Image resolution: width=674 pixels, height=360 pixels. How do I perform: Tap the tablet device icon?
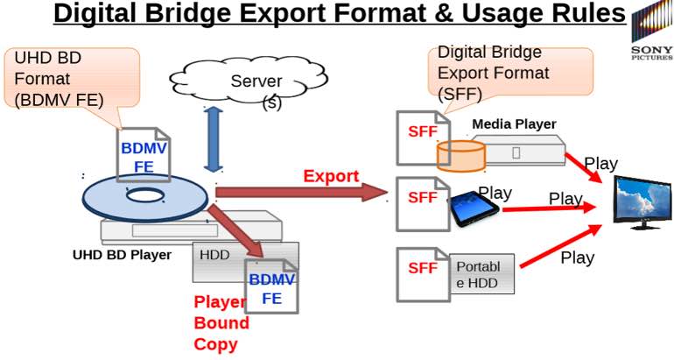click(x=474, y=208)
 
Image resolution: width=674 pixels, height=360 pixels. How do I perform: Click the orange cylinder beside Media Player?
click(x=460, y=155)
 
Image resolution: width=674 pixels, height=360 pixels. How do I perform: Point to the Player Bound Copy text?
click(x=221, y=323)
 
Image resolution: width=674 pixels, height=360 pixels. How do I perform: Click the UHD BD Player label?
click(x=122, y=256)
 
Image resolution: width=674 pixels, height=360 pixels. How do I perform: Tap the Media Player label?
click(x=514, y=124)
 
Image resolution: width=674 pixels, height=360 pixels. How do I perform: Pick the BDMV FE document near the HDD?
click(x=271, y=287)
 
